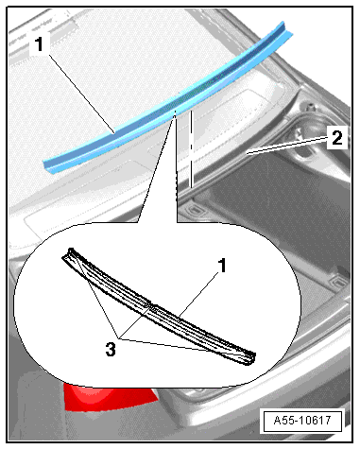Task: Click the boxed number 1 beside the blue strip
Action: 39,44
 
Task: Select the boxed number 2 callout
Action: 336,138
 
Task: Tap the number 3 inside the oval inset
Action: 111,350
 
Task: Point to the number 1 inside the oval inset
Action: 222,266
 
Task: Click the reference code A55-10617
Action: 302,421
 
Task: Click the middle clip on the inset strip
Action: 152,307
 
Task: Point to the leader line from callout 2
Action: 286,146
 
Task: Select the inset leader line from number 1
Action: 198,295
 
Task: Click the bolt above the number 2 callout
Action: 310,106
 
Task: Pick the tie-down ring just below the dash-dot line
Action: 195,209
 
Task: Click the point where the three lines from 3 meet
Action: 119,338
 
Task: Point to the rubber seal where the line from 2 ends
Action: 249,152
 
